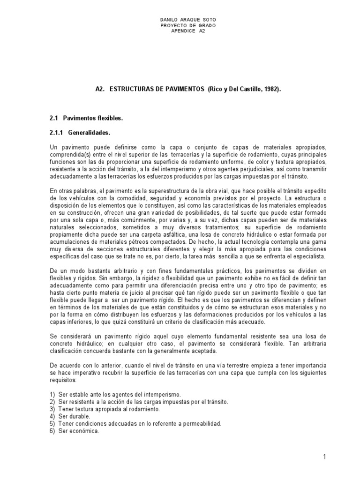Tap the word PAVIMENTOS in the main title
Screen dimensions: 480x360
(182, 89)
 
